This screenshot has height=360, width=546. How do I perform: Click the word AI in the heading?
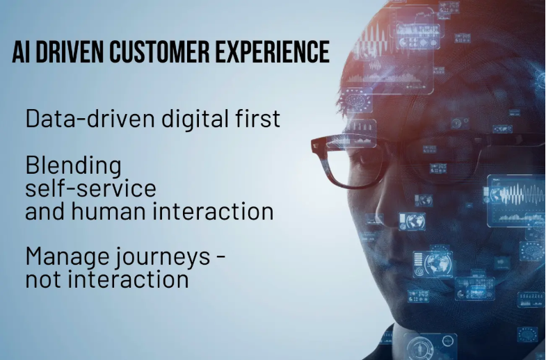pyautogui.click(x=21, y=51)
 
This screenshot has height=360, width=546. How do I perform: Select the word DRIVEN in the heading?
pyautogui.click(x=70, y=51)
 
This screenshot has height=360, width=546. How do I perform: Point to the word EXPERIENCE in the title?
pyautogui.click(x=272, y=51)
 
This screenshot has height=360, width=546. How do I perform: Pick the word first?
pyautogui.click(x=257, y=118)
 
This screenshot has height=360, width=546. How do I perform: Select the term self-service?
pyautogui.click(x=91, y=188)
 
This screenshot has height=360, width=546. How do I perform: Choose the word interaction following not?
pyautogui.click(x=129, y=279)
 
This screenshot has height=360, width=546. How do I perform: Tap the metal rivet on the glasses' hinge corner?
pyautogui.click(x=315, y=145)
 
